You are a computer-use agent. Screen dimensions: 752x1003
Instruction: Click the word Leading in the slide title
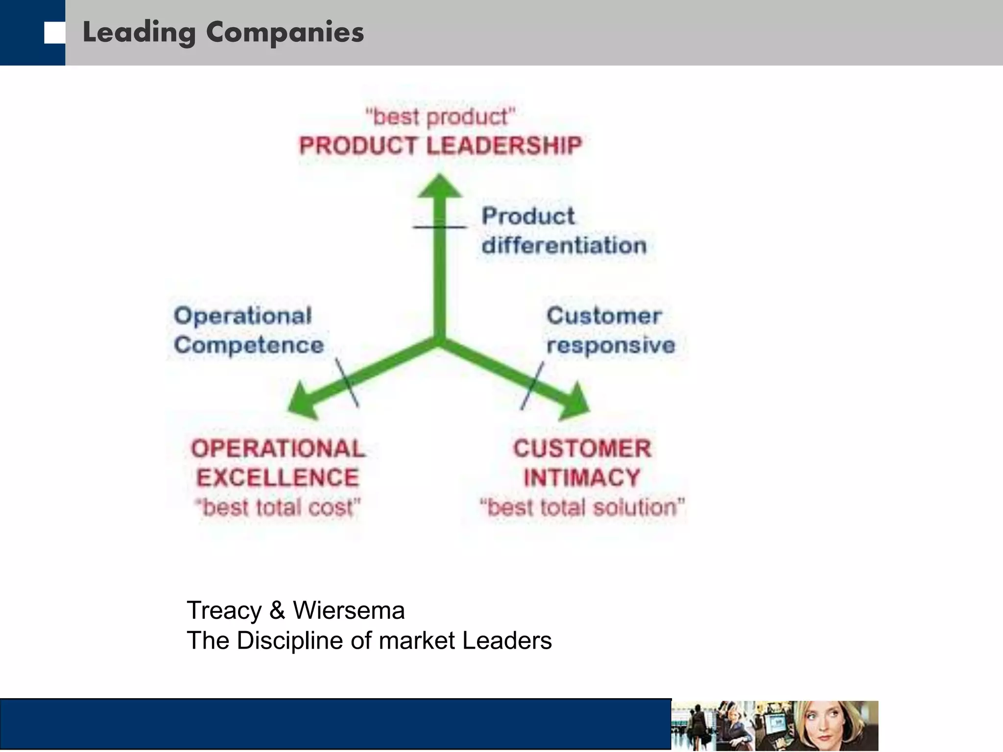tap(139, 33)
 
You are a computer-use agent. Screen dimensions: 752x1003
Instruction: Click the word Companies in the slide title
tap(285, 33)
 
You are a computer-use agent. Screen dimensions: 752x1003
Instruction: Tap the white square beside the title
tap(54, 33)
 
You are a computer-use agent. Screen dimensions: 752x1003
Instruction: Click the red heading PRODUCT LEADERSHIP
tap(440, 146)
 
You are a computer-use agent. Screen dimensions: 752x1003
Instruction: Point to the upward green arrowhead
tap(440, 186)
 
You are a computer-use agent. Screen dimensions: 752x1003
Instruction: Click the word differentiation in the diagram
tap(564, 245)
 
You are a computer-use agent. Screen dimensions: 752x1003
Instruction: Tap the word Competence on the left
tap(249, 345)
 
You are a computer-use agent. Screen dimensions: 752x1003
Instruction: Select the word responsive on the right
tap(611, 345)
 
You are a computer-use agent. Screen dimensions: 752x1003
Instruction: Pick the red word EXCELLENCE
tap(278, 477)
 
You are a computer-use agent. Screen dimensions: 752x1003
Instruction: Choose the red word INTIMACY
tap(582, 477)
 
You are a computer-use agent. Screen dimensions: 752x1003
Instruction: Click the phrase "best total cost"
tap(278, 507)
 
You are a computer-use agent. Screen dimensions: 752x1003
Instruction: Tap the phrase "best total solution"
tap(582, 507)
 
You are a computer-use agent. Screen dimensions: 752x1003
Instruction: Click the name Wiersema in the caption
tap(349, 611)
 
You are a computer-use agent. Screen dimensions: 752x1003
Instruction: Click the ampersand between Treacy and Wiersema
tap(277, 611)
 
